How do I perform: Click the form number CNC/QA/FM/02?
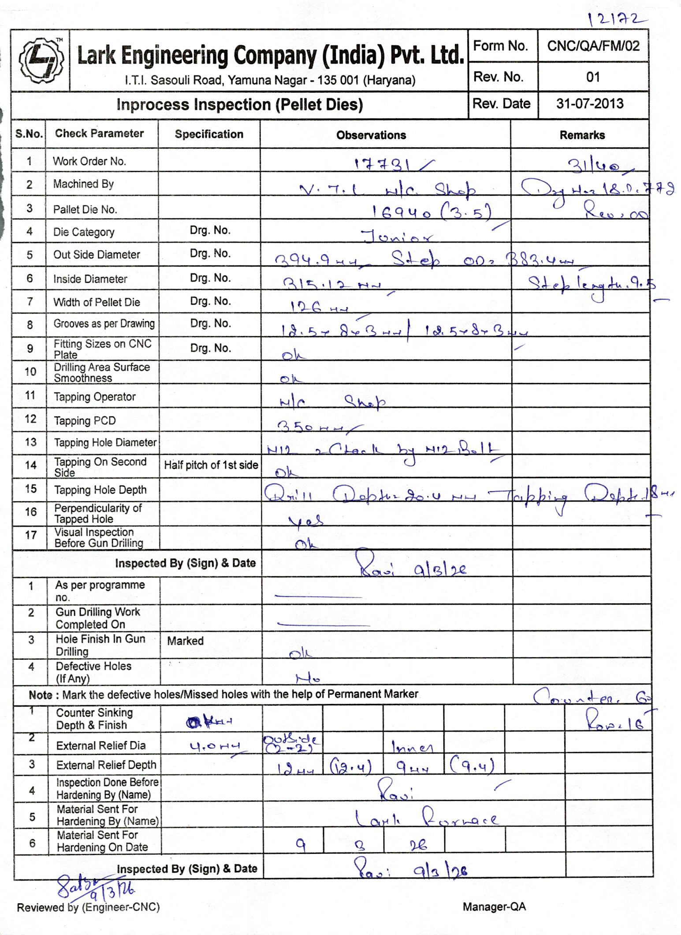[x=593, y=46]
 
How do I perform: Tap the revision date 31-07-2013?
[x=590, y=104]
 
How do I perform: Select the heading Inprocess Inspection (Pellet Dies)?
[x=239, y=105]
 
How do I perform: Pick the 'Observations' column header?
[x=371, y=135]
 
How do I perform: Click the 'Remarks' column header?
[x=582, y=135]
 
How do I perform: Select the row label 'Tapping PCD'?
[x=85, y=421]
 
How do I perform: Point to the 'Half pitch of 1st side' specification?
[x=211, y=465]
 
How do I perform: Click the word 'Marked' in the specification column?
[x=185, y=641]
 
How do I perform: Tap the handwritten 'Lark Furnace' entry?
[x=426, y=819]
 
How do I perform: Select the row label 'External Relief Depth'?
[x=106, y=765]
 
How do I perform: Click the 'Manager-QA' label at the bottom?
[x=494, y=907]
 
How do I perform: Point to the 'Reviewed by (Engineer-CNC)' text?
[x=88, y=907]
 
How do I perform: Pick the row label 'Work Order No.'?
[x=89, y=161]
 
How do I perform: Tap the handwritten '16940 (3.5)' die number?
[x=431, y=213]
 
